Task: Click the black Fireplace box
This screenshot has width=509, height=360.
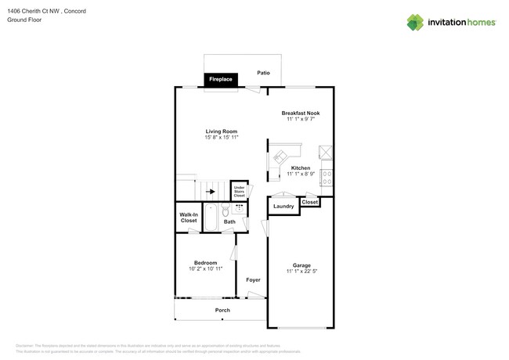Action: click(x=220, y=79)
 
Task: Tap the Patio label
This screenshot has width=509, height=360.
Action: click(x=264, y=73)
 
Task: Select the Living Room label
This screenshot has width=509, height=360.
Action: click(x=222, y=131)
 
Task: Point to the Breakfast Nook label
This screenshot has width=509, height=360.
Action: click(x=301, y=113)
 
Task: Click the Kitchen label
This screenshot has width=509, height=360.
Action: click(x=301, y=168)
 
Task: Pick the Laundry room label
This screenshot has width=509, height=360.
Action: click(x=283, y=207)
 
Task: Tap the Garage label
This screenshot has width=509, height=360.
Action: click(x=301, y=265)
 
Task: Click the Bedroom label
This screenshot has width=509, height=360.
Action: click(x=206, y=262)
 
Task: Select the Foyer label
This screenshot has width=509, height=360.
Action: click(x=253, y=279)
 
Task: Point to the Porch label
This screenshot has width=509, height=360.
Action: click(x=222, y=310)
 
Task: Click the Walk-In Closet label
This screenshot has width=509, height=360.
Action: click(x=189, y=218)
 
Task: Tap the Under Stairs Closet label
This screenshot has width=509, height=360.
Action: click(x=239, y=191)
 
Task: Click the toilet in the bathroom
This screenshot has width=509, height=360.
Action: click(x=225, y=211)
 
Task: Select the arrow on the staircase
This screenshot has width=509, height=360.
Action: click(x=210, y=190)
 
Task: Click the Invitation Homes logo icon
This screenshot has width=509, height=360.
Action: click(x=415, y=23)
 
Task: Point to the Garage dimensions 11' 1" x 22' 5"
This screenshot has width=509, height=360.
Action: click(x=301, y=272)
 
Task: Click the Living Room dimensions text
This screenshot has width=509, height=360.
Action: click(x=222, y=138)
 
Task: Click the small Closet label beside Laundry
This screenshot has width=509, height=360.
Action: click(x=310, y=202)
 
